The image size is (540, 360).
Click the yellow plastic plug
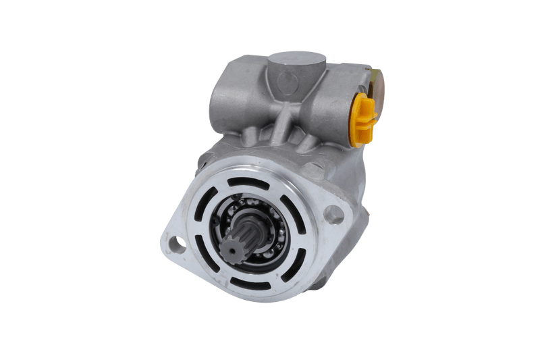(x=362, y=119)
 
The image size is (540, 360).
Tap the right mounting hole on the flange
(x=333, y=215)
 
